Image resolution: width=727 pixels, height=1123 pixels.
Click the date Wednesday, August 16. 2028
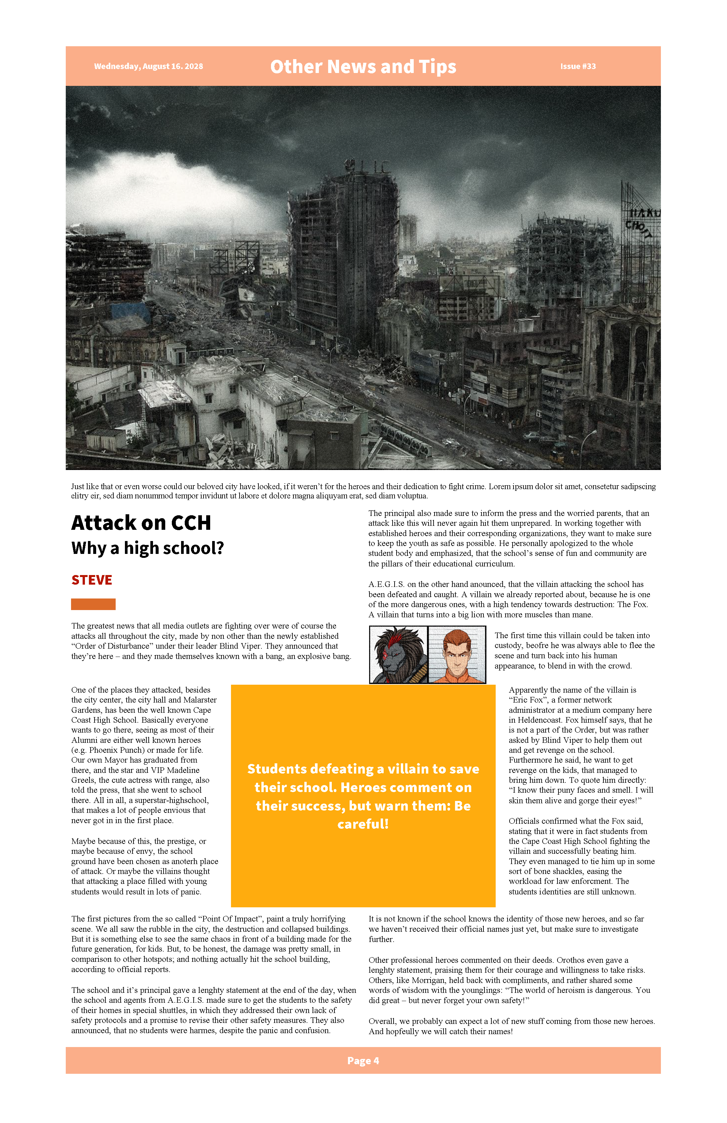(x=148, y=66)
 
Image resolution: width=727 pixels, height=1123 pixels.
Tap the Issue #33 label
(x=578, y=66)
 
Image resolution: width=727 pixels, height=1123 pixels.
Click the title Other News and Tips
(x=363, y=66)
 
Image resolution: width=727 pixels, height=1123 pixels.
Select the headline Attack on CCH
(x=141, y=523)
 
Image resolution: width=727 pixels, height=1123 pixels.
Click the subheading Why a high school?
(x=147, y=548)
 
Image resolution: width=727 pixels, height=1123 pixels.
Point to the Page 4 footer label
(x=363, y=1061)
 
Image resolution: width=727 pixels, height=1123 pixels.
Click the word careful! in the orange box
(x=363, y=824)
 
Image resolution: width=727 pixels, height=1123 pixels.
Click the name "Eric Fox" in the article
(x=529, y=700)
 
